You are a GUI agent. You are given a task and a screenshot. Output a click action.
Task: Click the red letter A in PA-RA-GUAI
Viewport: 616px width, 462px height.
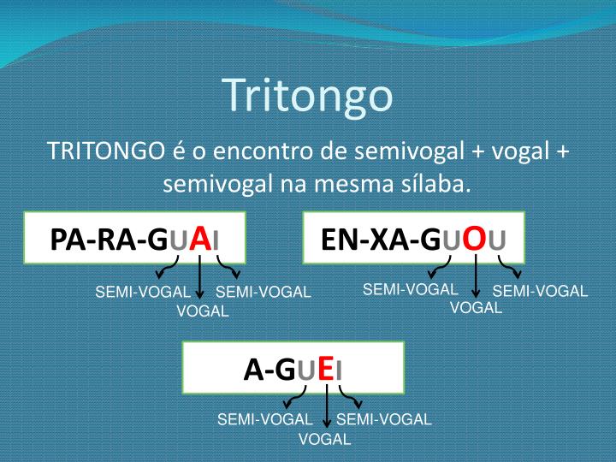click(x=200, y=238)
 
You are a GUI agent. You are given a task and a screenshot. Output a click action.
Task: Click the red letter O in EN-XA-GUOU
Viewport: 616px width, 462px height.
click(x=475, y=238)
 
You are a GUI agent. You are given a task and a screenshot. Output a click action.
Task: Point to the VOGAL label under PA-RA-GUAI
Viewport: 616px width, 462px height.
click(x=202, y=311)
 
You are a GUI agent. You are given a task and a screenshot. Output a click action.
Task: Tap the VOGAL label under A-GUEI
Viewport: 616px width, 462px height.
click(x=324, y=440)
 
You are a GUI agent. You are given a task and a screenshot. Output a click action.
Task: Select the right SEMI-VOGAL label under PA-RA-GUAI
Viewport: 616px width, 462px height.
click(x=263, y=293)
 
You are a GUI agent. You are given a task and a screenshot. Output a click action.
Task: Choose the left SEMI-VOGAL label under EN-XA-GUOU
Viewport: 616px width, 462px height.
click(x=410, y=289)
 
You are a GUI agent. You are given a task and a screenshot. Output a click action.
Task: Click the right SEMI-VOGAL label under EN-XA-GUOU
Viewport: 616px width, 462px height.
click(x=540, y=291)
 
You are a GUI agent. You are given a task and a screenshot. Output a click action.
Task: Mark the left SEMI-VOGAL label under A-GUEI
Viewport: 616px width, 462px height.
click(x=264, y=419)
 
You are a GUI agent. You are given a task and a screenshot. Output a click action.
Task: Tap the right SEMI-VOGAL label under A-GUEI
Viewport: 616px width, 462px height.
click(x=384, y=419)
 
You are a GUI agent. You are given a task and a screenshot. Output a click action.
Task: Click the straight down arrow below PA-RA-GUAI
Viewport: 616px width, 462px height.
click(x=199, y=279)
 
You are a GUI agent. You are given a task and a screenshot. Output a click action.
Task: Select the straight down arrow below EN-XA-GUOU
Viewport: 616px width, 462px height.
click(x=476, y=277)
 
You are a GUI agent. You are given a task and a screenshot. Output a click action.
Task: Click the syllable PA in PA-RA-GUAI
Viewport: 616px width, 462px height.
click(x=67, y=240)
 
